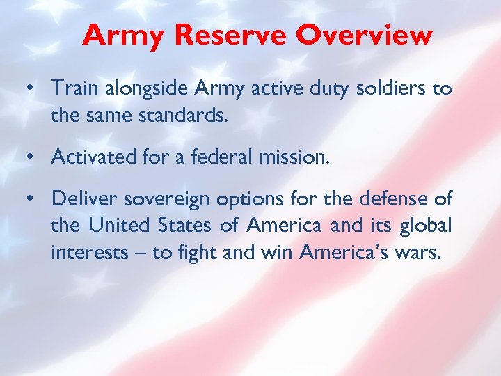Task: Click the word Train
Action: [73, 90]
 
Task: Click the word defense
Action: [390, 200]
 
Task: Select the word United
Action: [113, 226]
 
